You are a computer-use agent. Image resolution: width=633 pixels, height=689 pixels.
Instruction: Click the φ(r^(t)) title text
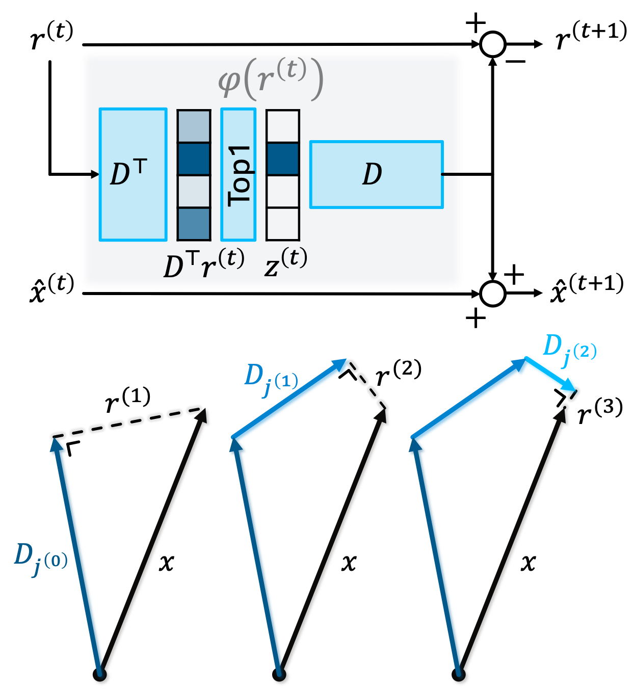271,79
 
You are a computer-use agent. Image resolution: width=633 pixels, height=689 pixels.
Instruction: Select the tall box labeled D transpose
133,174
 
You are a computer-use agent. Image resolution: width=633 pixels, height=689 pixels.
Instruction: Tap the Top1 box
238,174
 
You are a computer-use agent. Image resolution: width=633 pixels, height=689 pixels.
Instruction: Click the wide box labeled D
376,174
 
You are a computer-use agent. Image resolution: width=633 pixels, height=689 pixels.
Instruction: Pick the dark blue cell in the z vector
283,158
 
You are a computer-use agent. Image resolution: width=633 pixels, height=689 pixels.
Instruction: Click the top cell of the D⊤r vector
194,126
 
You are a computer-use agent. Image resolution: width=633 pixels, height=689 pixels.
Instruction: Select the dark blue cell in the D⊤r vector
194,158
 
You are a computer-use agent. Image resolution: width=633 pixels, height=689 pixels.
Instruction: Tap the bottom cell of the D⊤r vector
194,224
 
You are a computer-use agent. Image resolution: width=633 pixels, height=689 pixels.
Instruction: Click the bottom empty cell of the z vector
283,224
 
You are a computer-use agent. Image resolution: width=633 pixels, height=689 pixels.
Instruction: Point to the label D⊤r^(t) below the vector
203,264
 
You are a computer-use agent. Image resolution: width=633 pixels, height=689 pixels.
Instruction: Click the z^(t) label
286,262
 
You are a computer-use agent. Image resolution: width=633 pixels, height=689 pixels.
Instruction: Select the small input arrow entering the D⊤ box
89,174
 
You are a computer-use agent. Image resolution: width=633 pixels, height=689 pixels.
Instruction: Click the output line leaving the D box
454,174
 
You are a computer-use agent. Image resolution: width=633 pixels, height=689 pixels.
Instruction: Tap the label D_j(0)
40,559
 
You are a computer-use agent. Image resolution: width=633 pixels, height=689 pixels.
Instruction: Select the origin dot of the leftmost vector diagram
101,676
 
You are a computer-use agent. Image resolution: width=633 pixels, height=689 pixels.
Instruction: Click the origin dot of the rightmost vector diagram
461,676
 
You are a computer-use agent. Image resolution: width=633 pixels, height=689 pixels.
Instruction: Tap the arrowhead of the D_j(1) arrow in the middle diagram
340,365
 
